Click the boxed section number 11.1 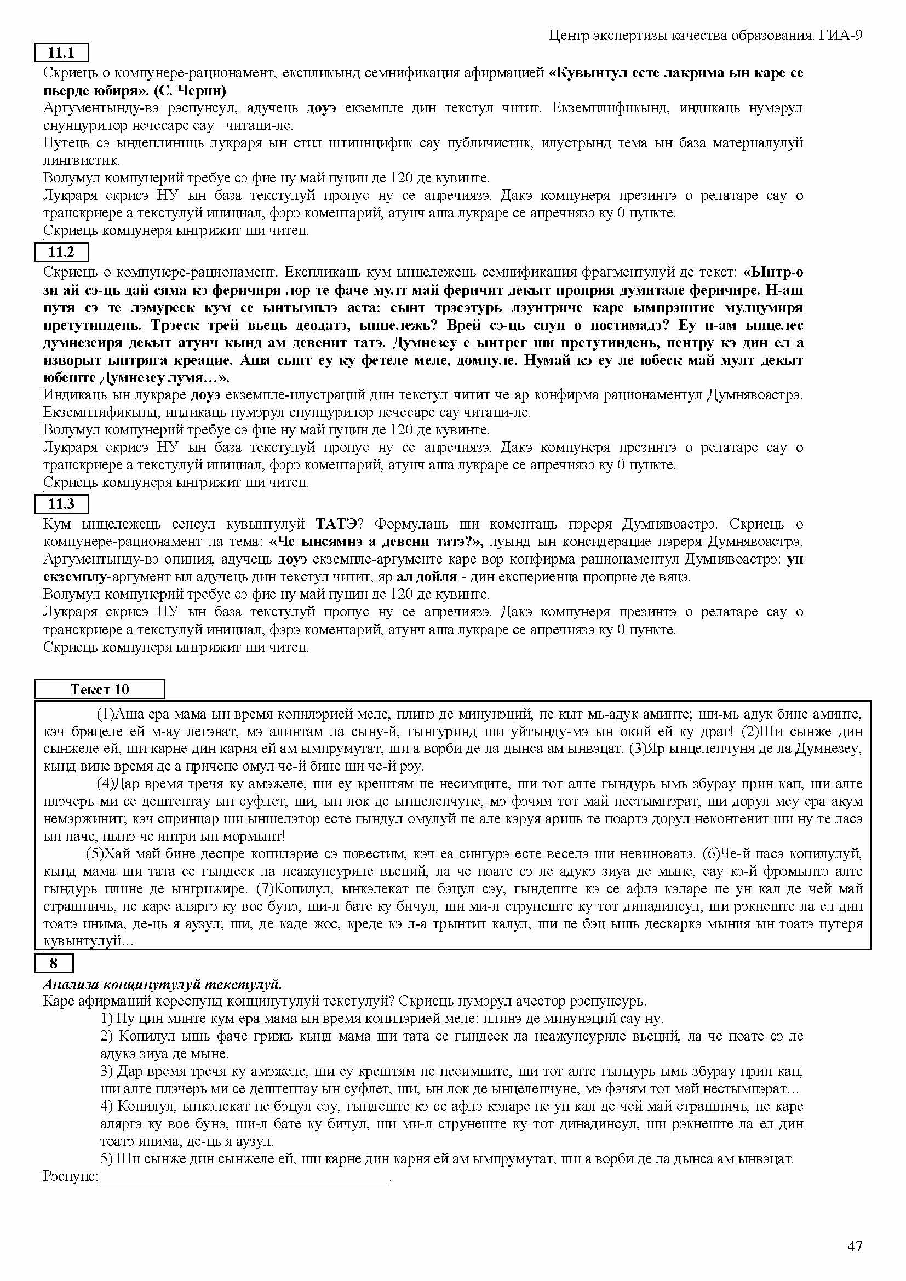point(61,53)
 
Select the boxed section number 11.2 point(61,252)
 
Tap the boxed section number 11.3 point(61,504)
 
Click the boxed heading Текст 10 point(99,689)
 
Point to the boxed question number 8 point(54,963)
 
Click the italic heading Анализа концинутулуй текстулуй point(162,984)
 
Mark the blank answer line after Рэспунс point(244,1177)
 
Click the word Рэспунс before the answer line point(70,1176)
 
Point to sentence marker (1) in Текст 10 point(105,714)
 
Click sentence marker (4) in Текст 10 point(105,783)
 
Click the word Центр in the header point(568,36)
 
